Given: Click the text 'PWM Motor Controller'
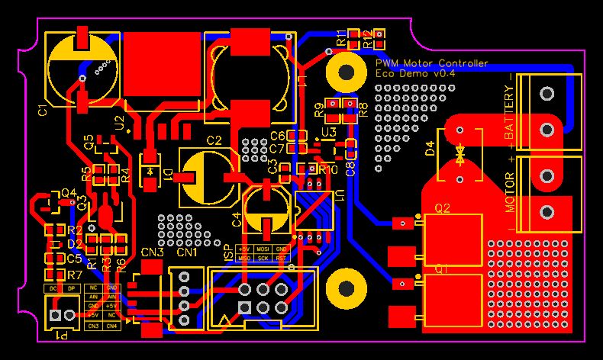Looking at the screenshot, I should (432, 63).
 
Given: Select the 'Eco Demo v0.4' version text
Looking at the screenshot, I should (415, 74).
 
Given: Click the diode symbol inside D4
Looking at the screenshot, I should (460, 156).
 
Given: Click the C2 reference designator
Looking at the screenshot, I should (214, 140).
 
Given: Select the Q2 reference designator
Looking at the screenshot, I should (443, 207).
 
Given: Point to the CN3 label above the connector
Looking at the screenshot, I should (152, 252).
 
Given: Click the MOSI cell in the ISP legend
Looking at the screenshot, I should (263, 249).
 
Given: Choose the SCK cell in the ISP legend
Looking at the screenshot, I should (263, 258).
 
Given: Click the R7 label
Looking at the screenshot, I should (74, 275).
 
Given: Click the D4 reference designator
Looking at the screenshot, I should (430, 149).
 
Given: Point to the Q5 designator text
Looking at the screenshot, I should (89, 143).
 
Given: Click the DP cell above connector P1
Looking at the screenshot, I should (72, 289).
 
